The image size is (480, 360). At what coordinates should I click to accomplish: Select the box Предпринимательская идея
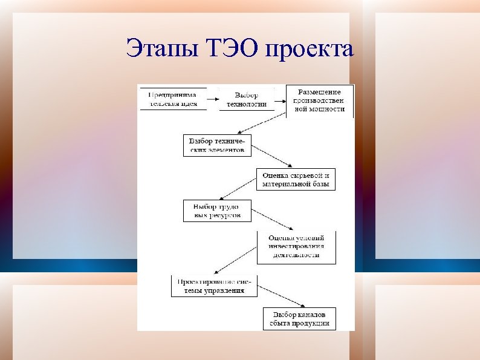coord(173,99)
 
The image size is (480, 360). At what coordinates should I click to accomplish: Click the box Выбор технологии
coord(246,99)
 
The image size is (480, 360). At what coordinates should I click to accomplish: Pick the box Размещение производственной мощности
coord(319,100)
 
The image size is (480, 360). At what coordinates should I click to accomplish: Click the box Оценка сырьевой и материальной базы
coord(296,180)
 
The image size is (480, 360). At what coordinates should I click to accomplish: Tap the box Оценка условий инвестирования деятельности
coord(296,247)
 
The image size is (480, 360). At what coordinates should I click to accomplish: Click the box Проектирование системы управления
coord(215,286)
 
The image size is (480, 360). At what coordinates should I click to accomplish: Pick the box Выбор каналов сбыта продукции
coord(300,319)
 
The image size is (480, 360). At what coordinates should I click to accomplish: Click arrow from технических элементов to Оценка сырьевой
coord(271,156)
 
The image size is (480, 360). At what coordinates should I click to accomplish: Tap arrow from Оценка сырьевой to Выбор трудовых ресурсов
coord(239,189)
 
